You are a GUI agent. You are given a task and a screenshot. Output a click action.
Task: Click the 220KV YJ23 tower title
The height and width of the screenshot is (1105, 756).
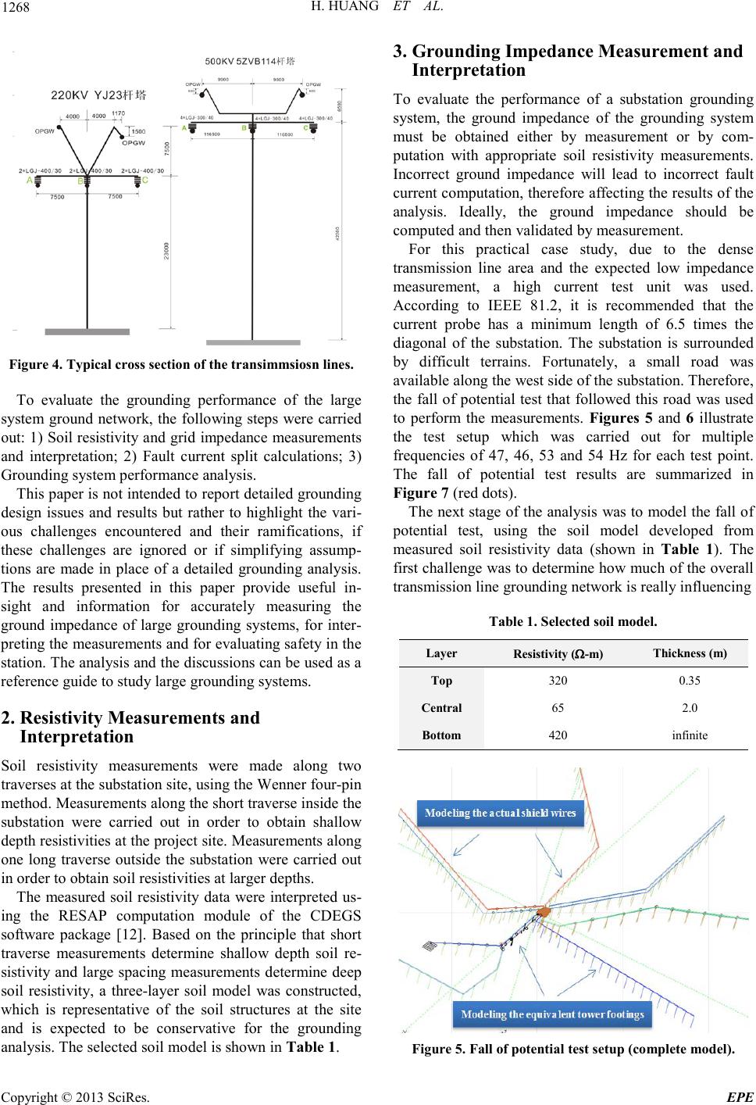98,95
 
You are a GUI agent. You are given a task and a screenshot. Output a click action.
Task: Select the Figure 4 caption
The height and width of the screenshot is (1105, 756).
181,364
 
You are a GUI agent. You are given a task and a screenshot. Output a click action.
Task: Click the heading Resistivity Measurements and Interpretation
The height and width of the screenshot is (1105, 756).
141,727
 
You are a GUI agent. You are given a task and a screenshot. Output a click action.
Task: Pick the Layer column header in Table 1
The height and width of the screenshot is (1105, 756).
441,653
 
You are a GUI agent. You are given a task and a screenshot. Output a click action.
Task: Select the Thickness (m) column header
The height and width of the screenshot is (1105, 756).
690,653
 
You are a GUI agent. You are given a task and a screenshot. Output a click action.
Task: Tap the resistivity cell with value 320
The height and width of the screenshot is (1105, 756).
558,680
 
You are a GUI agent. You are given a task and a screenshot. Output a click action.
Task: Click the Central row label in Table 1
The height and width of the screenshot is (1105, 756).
441,708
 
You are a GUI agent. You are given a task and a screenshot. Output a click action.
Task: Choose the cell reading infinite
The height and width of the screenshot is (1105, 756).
690,735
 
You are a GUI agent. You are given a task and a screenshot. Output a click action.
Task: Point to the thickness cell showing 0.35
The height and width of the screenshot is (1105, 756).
690,680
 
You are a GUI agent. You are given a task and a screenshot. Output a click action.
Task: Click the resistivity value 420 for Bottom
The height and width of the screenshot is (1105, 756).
558,735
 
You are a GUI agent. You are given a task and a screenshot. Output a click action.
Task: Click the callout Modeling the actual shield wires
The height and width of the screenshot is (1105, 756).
500,813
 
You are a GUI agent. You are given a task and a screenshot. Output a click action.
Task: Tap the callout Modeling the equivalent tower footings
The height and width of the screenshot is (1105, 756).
552,1015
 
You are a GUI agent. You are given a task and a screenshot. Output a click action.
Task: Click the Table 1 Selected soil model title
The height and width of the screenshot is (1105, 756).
572,622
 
